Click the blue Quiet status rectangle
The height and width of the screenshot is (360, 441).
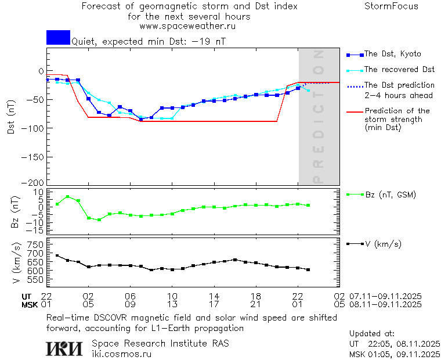(x=58, y=37)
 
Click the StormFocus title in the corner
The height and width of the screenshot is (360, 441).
(x=391, y=6)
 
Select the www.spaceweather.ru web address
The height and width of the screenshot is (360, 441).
(x=187, y=26)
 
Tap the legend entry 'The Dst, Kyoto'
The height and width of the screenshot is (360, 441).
(x=393, y=54)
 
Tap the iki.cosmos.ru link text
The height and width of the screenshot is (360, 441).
(x=122, y=354)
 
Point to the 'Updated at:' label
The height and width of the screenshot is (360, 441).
(x=372, y=334)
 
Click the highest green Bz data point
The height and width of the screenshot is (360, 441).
(x=67, y=196)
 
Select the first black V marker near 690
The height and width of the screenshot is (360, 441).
(x=57, y=255)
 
